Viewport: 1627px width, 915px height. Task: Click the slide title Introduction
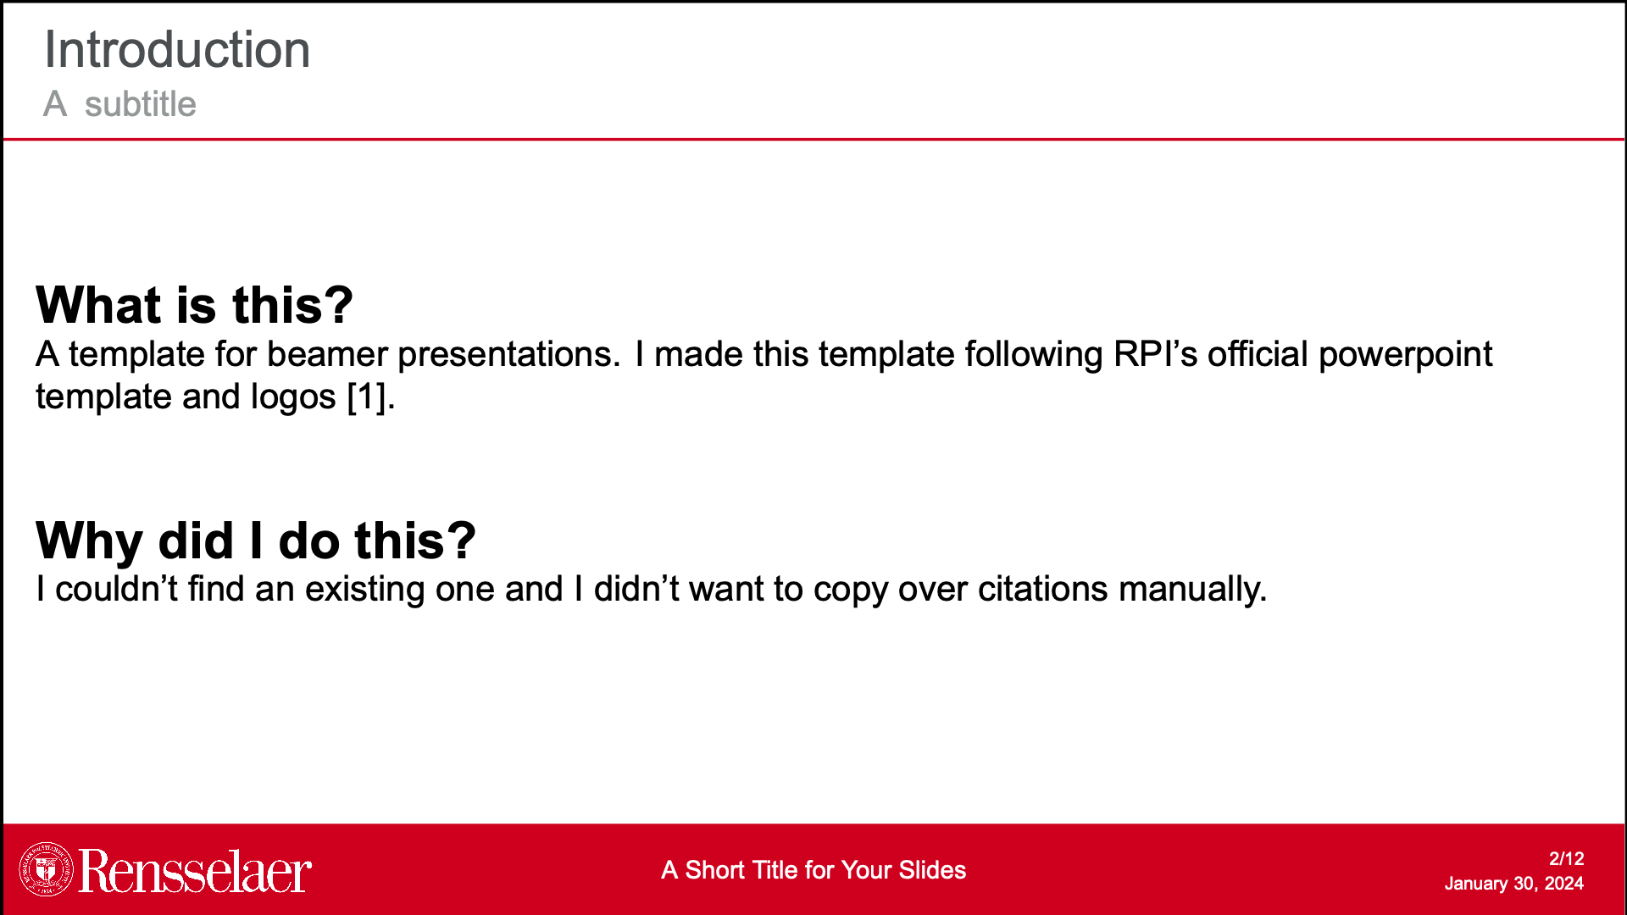click(x=177, y=49)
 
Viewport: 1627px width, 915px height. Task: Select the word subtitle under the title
click(x=141, y=104)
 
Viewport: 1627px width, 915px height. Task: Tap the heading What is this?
click(x=194, y=305)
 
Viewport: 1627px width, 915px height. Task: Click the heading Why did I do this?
click(x=256, y=541)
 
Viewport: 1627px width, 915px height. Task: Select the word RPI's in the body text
click(x=1155, y=354)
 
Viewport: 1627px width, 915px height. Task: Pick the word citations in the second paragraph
click(x=1043, y=589)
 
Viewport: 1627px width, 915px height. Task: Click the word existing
click(x=365, y=590)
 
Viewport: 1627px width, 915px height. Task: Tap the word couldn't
click(x=116, y=589)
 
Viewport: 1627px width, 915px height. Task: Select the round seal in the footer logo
click(x=47, y=869)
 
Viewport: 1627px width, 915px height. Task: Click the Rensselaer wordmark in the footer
click(x=195, y=871)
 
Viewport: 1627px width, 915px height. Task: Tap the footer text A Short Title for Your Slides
click(x=813, y=870)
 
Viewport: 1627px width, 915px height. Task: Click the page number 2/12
click(x=1567, y=858)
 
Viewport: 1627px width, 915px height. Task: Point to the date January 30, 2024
click(x=1514, y=884)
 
